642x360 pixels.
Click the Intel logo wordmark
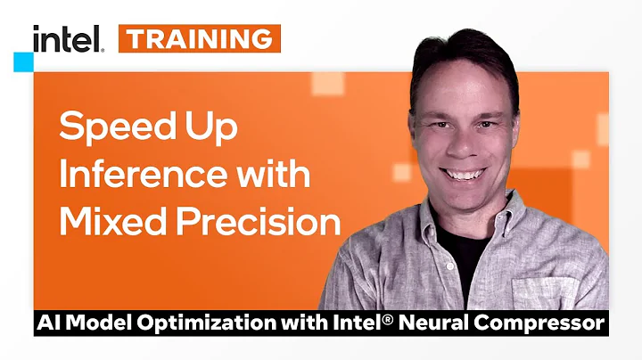pyautogui.click(x=68, y=38)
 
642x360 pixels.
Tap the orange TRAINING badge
pyautogui.click(x=200, y=38)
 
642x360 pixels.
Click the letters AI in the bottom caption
pyautogui.click(x=44, y=321)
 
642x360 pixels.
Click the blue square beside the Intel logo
pyautogui.click(x=24, y=61)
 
